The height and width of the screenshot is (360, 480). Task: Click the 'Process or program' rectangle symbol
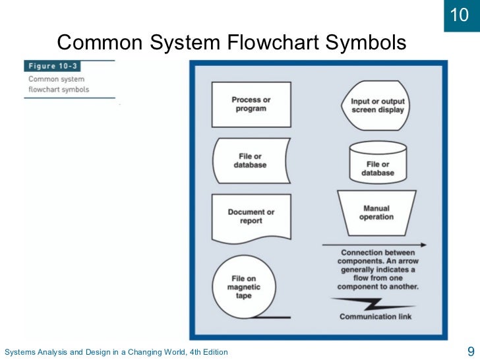(251, 104)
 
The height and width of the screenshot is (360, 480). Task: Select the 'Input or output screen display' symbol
(378, 105)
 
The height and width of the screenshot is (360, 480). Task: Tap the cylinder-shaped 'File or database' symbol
(378, 163)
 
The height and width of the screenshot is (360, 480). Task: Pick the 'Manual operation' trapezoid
(376, 212)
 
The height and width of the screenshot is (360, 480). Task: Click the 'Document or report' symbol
(251, 217)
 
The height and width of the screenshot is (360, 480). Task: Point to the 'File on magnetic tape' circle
(244, 287)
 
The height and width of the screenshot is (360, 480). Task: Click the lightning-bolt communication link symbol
(374, 304)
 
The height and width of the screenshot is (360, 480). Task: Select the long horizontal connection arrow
(374, 245)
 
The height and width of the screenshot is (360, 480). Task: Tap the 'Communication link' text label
(376, 317)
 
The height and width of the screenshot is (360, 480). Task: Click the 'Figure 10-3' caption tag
(52, 67)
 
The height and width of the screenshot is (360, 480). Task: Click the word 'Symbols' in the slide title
(366, 44)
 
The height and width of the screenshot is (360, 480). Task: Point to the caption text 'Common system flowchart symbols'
(59, 84)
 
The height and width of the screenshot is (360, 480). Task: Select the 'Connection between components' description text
(377, 270)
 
